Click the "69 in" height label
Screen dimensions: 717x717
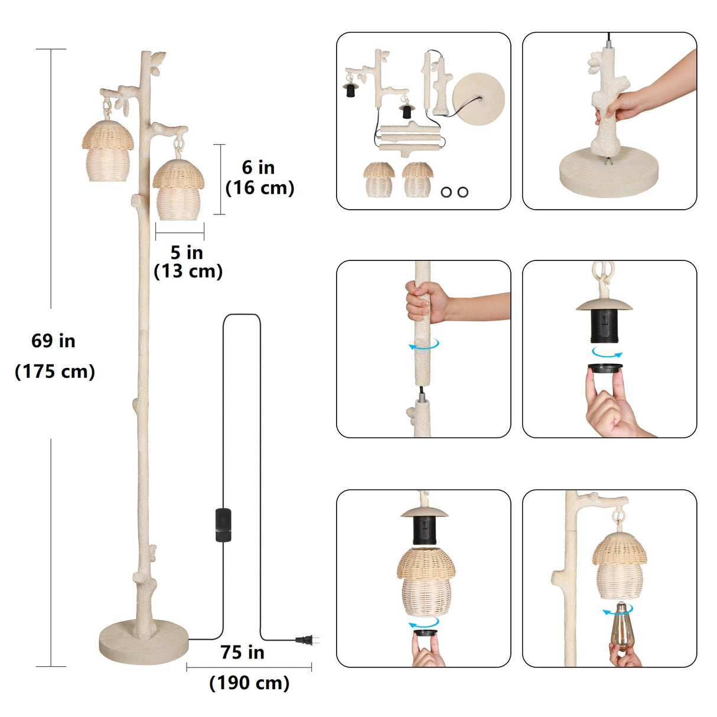click(53, 341)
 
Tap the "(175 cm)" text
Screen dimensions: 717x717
click(55, 371)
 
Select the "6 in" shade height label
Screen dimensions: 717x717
click(258, 167)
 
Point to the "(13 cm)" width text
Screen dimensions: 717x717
click(188, 271)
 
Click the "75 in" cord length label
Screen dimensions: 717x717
click(242, 652)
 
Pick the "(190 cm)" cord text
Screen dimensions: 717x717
click(249, 683)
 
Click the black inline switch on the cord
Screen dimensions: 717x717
click(223, 524)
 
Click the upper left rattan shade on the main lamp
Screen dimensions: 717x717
click(107, 151)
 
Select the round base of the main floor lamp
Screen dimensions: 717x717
click(144, 642)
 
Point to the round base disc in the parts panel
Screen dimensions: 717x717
click(478, 99)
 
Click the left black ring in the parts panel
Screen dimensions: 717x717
click(446, 192)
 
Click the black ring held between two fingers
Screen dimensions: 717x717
click(605, 368)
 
